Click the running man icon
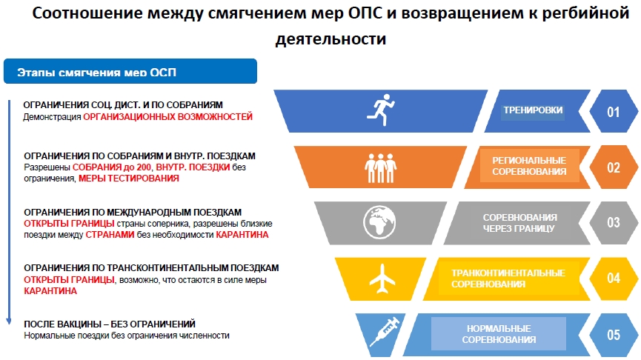(x=381, y=110)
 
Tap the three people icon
(x=381, y=168)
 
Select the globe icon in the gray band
(x=379, y=222)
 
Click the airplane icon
(x=382, y=279)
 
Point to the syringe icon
(x=385, y=331)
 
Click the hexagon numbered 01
(x=614, y=111)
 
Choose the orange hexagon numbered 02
(x=614, y=167)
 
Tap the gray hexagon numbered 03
(x=614, y=223)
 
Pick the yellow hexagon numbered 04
(x=614, y=279)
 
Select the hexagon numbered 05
(x=614, y=335)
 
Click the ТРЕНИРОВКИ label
(x=533, y=110)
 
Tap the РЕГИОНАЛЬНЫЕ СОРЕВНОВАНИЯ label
(x=529, y=166)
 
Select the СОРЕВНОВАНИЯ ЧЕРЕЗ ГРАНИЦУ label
(x=519, y=223)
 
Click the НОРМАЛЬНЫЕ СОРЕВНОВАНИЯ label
(x=499, y=334)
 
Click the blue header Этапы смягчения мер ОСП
(x=130, y=71)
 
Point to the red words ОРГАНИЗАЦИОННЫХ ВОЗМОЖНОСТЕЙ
(x=167, y=117)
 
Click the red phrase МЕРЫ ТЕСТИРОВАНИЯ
(x=129, y=179)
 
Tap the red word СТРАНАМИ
(x=110, y=235)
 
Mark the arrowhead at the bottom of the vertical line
(x=9, y=321)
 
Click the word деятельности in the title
(x=331, y=39)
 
